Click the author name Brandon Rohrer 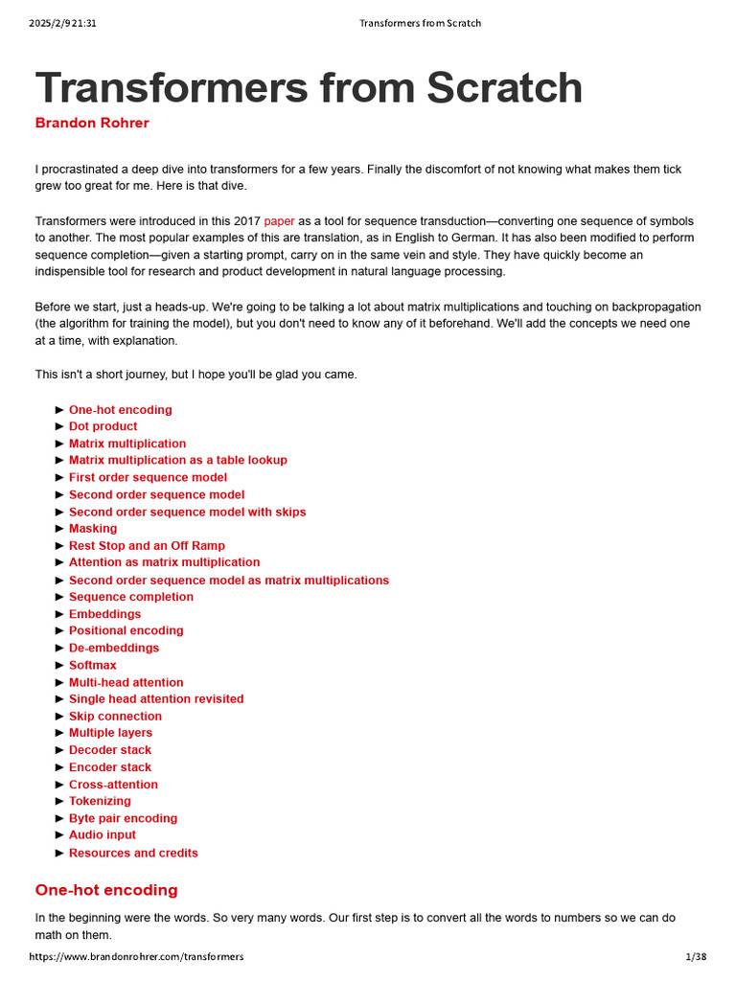[x=92, y=123]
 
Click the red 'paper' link [x=279, y=221]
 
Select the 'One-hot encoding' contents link [x=121, y=410]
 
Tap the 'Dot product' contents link [x=103, y=426]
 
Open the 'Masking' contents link [x=93, y=529]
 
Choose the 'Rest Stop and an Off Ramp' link [x=147, y=546]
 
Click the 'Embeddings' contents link [x=104, y=614]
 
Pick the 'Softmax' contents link [x=93, y=665]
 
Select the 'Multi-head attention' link [x=126, y=682]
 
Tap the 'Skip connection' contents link [x=115, y=717]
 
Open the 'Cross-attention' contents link [x=113, y=785]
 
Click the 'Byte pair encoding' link [x=123, y=818]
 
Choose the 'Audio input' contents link [x=103, y=835]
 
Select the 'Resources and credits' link [x=133, y=853]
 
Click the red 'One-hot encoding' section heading [x=106, y=890]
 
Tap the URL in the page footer [x=136, y=956]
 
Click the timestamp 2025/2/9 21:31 [x=62, y=23]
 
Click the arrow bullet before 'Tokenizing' [x=60, y=801]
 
